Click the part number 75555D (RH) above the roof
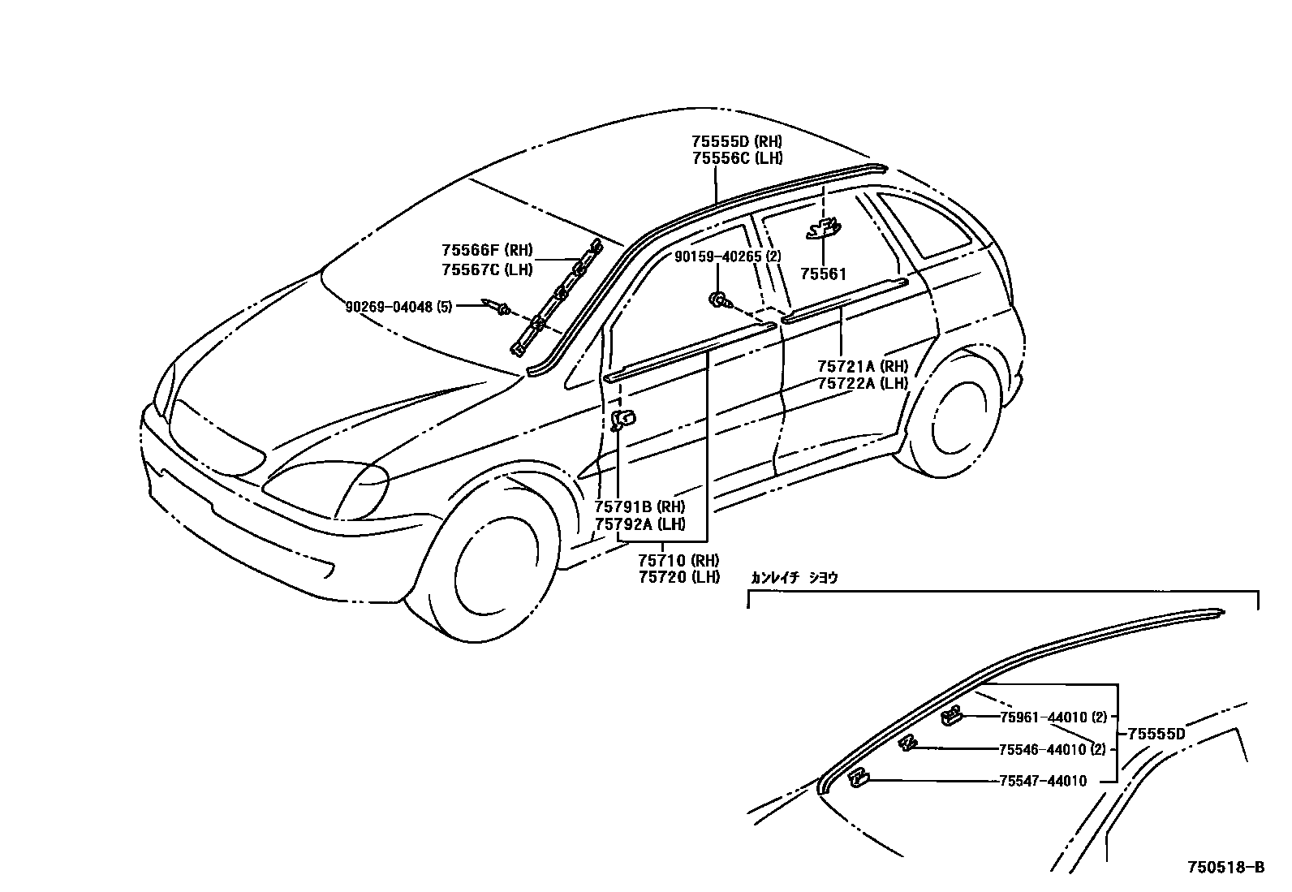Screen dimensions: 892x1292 coord(737,142)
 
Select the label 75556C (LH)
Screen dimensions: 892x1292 coord(737,158)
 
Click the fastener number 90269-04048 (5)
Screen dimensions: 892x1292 coord(398,307)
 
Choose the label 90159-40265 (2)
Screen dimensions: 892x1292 coord(727,256)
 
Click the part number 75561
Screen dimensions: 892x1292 coord(823,274)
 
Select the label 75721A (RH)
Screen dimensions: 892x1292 coord(862,367)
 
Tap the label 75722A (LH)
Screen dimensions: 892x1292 coord(862,383)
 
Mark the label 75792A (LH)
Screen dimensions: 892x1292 coord(640,524)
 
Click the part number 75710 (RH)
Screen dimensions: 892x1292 coord(678,561)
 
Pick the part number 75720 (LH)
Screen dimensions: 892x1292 coord(678,577)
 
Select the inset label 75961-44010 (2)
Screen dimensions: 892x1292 coord(1053,717)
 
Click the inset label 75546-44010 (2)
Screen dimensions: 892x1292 coord(1053,749)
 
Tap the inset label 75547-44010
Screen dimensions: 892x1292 coord(1042,781)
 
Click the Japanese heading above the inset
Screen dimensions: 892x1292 coord(794,578)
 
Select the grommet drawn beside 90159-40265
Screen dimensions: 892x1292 coord(717,301)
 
